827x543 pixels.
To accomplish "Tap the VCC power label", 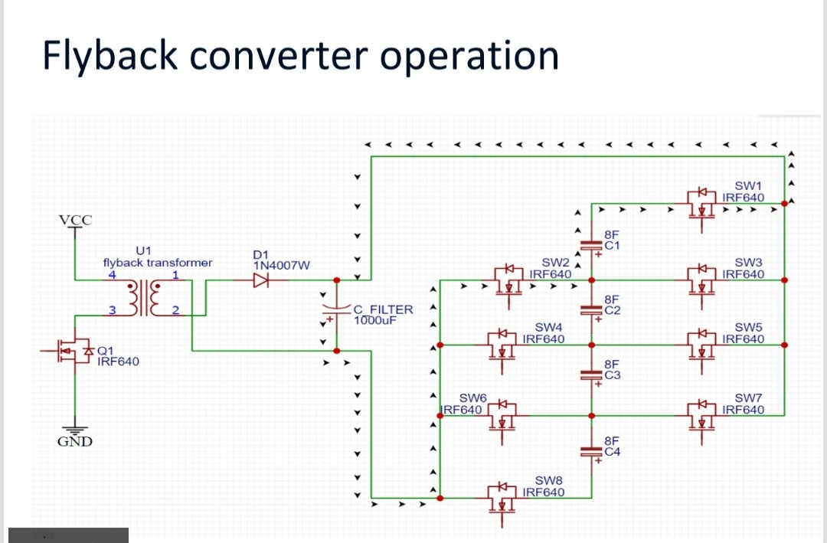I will tap(75, 221).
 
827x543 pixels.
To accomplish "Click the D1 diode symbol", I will tap(261, 281).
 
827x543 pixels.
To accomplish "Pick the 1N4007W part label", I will tap(280, 266).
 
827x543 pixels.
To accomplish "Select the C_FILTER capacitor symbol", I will tap(335, 309).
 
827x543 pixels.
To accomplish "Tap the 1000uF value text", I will tap(374, 320).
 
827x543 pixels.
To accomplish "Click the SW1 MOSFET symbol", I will tap(701, 202).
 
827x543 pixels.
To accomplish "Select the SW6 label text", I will tap(472, 397).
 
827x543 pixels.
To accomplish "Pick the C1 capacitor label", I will tap(612, 246).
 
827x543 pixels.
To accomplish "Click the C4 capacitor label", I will tap(612, 452).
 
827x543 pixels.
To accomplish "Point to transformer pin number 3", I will tap(112, 309).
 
